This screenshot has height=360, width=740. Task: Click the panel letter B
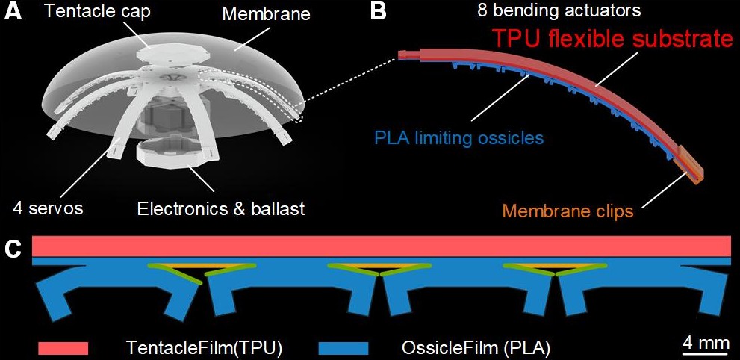[379, 11]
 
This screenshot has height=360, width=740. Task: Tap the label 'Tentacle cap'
[98, 11]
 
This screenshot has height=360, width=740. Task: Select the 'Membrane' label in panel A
[266, 14]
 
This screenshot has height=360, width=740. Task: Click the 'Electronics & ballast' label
[221, 208]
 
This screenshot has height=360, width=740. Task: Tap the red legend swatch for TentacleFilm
[63, 348]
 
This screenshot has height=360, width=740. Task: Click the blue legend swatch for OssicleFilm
[343, 348]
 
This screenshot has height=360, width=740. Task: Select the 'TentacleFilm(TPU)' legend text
[205, 348]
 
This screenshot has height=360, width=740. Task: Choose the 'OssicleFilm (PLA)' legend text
[476, 348]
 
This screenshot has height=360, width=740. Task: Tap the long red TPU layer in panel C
[382, 246]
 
